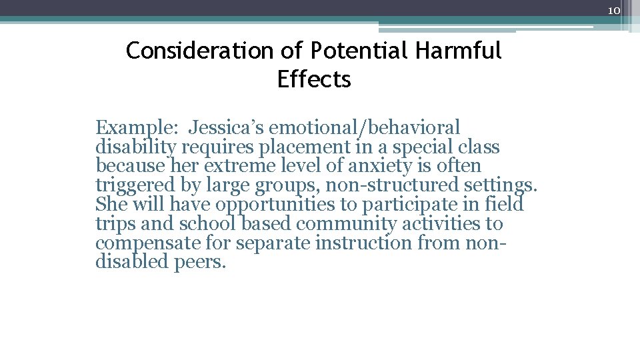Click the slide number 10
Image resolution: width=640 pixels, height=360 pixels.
coord(614,11)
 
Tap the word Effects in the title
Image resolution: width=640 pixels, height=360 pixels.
coord(314,79)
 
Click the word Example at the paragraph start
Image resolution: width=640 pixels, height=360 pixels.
coord(136,127)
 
